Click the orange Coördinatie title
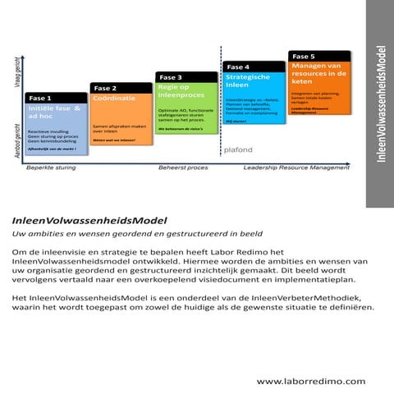coord(115,98)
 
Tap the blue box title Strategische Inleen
coord(248,80)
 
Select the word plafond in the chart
coord(239,149)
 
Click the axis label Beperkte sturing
coord(51,167)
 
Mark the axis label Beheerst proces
coord(184,167)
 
